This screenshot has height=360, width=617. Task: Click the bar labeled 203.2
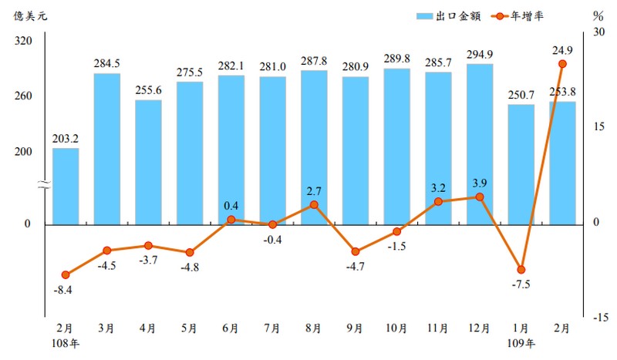(66, 187)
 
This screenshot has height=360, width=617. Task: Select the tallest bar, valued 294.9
(480, 144)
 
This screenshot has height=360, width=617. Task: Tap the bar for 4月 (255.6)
(148, 163)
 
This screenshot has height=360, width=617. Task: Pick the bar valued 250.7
(521, 165)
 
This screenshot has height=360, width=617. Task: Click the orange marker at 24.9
(562, 64)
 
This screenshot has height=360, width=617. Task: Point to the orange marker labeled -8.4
(66, 275)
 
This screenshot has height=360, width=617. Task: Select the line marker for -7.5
(521, 270)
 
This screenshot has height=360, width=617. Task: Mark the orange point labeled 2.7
(314, 204)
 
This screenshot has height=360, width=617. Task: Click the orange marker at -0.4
(272, 224)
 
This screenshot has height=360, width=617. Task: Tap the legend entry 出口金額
(449, 16)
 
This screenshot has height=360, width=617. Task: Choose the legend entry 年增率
(518, 16)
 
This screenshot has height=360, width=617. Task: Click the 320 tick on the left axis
(23, 41)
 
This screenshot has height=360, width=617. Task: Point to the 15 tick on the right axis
(598, 126)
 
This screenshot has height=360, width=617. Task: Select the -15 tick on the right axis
(601, 317)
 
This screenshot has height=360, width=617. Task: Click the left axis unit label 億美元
(30, 15)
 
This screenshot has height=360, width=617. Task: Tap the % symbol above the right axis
(598, 16)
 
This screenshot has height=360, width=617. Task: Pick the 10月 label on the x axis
(396, 328)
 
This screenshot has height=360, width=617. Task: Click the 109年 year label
(521, 343)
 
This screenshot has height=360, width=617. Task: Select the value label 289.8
(396, 59)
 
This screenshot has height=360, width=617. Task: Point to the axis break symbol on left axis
(45, 184)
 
